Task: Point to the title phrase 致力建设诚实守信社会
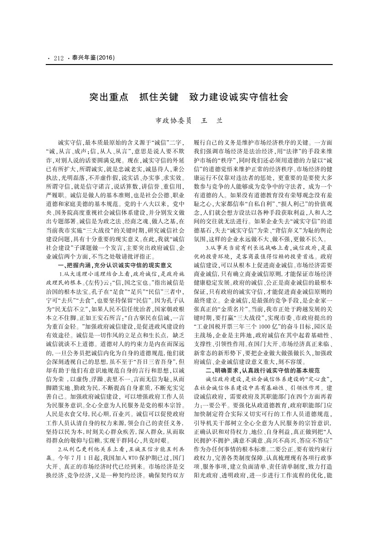click(242, 97)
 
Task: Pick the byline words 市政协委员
click(172, 121)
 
